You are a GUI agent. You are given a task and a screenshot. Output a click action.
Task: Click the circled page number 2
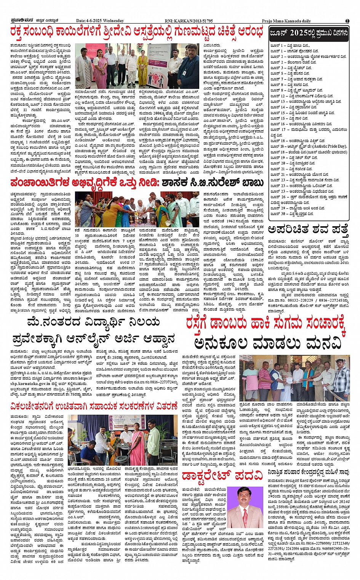click(x=347, y=21)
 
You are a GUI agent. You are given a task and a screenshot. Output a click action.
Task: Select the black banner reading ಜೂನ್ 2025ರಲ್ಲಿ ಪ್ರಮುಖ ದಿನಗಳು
click(x=309, y=33)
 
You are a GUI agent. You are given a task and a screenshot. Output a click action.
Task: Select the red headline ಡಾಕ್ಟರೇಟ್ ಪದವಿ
click(x=222, y=476)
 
